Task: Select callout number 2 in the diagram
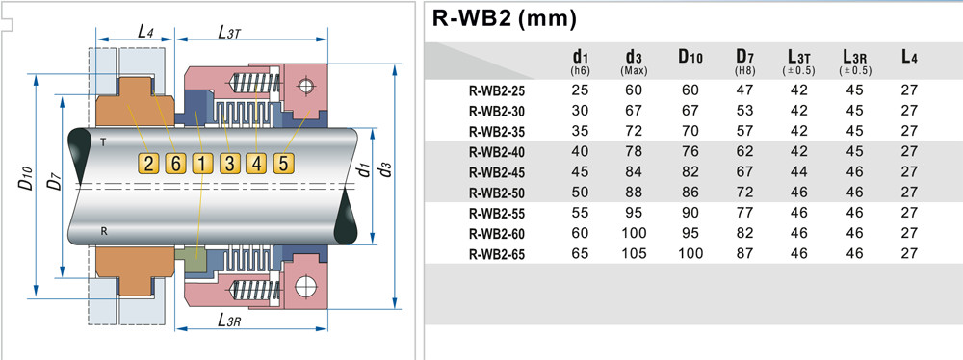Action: tap(148, 163)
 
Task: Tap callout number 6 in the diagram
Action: tap(175, 163)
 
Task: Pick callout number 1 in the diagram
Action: tap(201, 163)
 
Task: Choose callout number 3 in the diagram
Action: tap(229, 163)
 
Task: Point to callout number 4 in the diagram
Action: tap(255, 163)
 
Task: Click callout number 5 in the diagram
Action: tap(282, 163)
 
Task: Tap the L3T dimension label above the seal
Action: tap(229, 34)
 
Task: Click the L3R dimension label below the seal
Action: tap(228, 321)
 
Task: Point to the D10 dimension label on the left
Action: tap(26, 181)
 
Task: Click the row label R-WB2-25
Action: tap(498, 91)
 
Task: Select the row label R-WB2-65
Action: tap(498, 254)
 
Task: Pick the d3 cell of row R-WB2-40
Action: tap(634, 152)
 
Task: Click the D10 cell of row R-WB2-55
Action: tap(690, 214)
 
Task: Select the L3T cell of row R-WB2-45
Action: tap(798, 172)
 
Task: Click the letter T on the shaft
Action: tap(102, 141)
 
